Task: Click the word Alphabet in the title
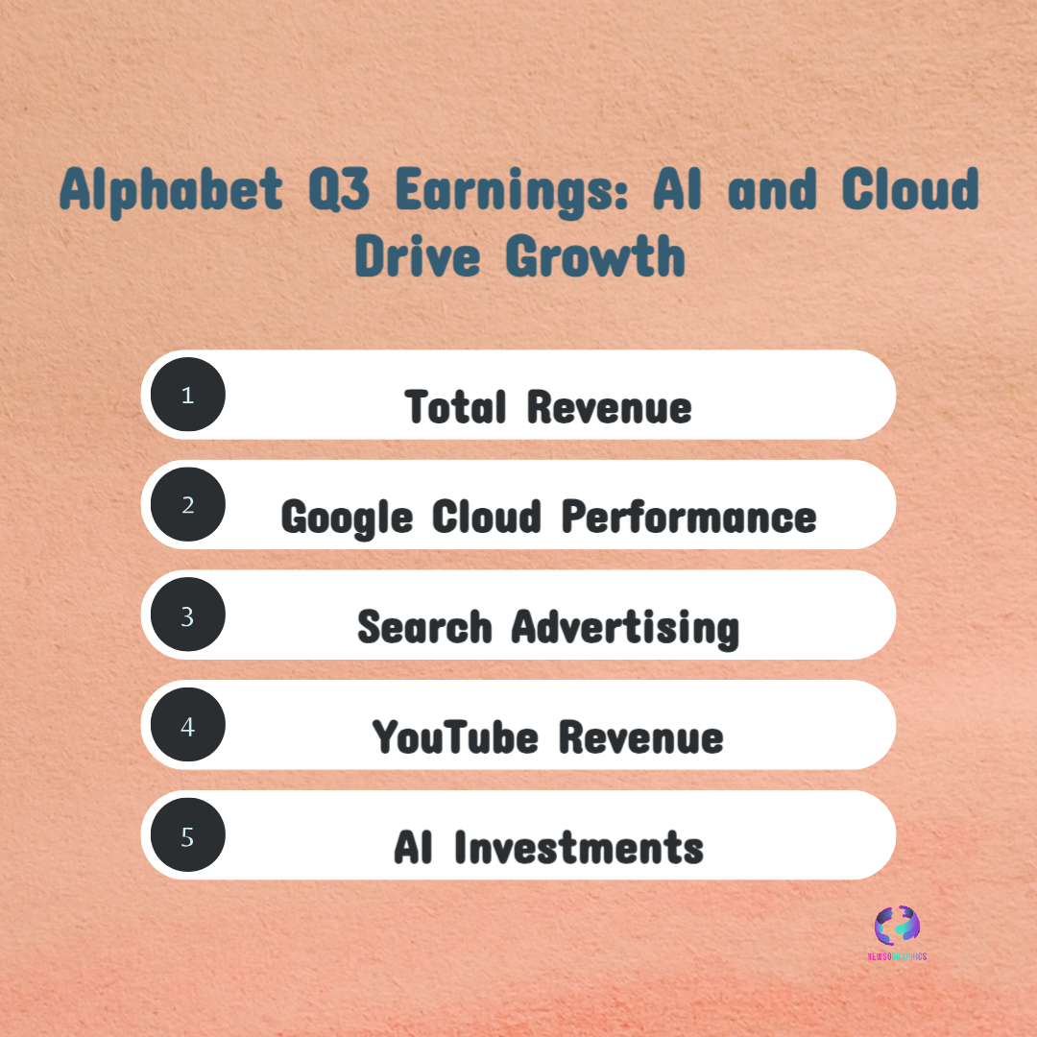pos(172,190)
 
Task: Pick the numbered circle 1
pos(187,395)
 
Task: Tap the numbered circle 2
pos(187,505)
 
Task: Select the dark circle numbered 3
pos(187,615)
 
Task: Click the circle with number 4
pos(187,726)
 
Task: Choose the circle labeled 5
pos(187,836)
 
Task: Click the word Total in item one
pos(455,406)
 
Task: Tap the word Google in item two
pos(347,518)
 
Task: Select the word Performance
pos(688,517)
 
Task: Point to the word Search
pos(424,627)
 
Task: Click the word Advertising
pos(625,629)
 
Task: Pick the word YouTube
pos(454,737)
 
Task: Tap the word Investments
pos(579,848)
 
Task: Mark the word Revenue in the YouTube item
pos(641,737)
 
